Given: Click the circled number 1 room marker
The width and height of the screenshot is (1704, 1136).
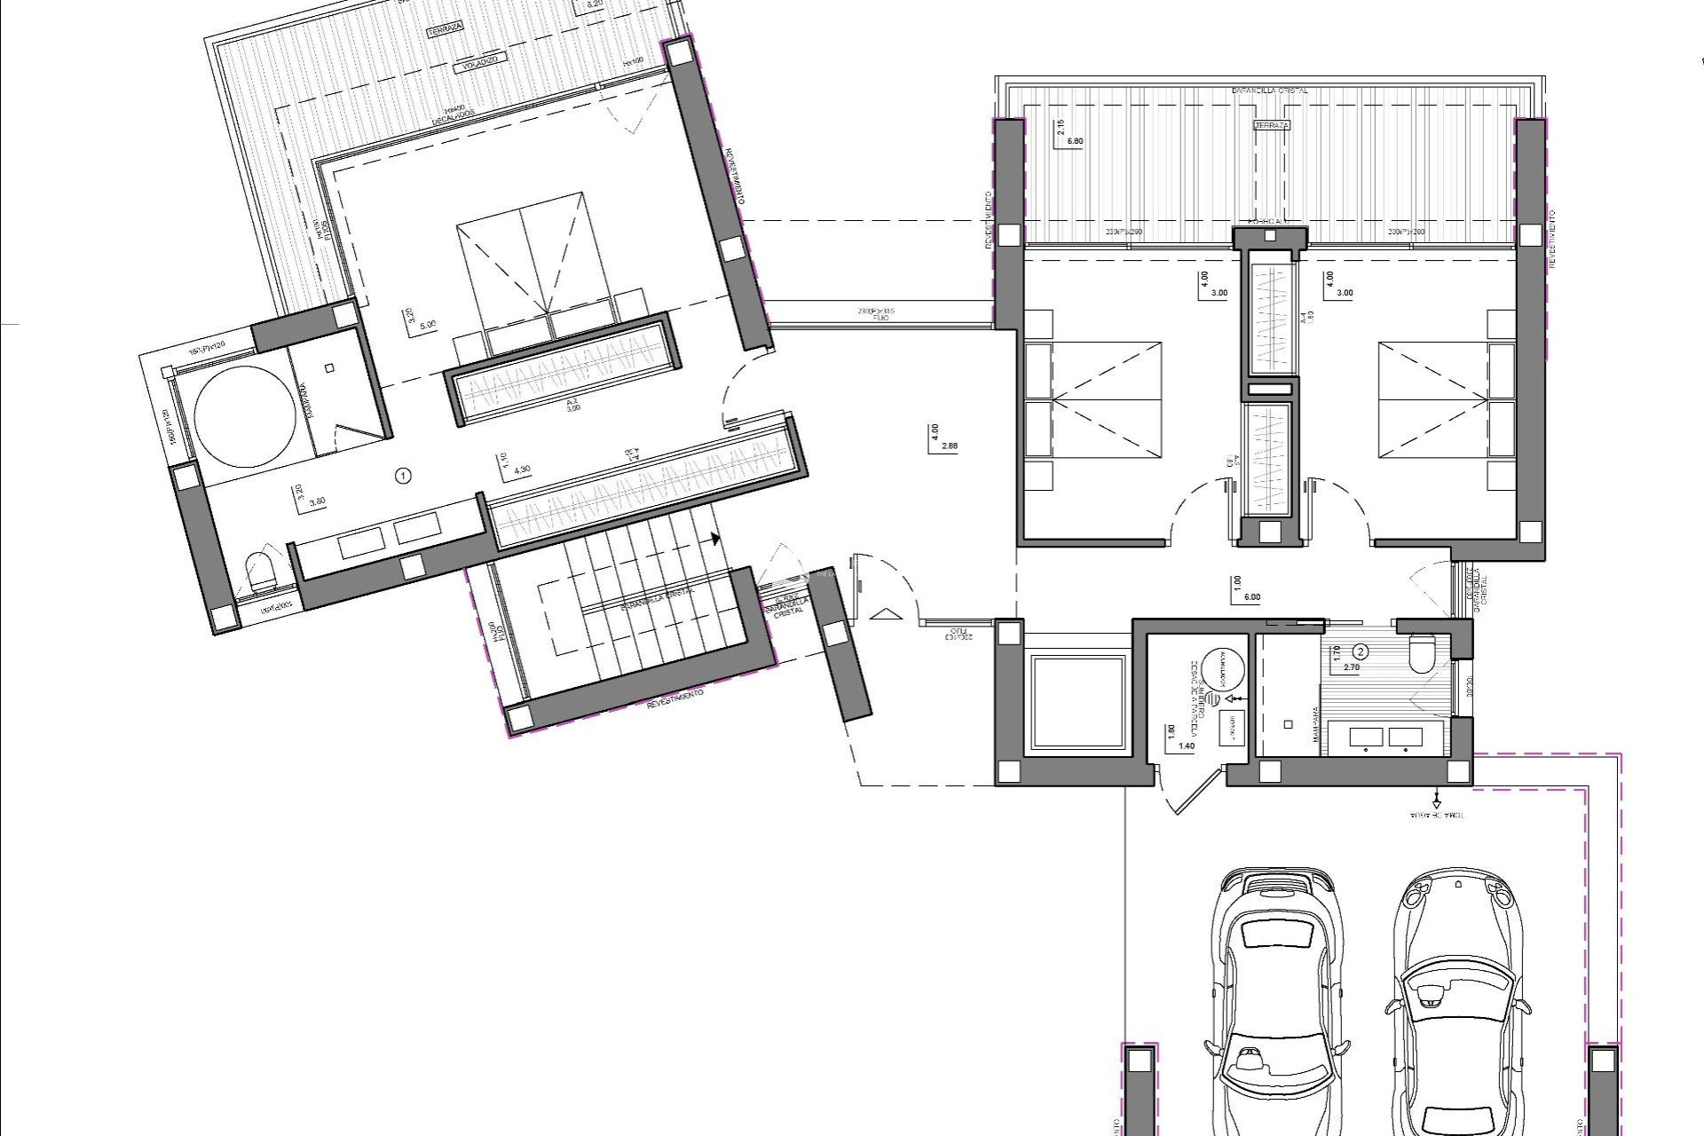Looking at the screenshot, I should (x=404, y=477).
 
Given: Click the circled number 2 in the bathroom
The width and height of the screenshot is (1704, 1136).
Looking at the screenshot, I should (x=1361, y=651).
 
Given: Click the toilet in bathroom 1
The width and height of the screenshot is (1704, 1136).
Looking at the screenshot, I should (x=259, y=572).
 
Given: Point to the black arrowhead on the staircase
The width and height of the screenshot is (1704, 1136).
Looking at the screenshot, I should (x=714, y=538).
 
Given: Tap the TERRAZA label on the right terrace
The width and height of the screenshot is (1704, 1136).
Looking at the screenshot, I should (x=1271, y=126).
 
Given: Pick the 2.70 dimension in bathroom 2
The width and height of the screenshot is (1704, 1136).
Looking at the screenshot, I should (x=1352, y=667).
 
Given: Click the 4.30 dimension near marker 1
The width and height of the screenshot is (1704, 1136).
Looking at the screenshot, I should (x=523, y=469).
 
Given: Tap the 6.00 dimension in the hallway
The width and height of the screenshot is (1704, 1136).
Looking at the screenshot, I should (x=1252, y=597).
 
